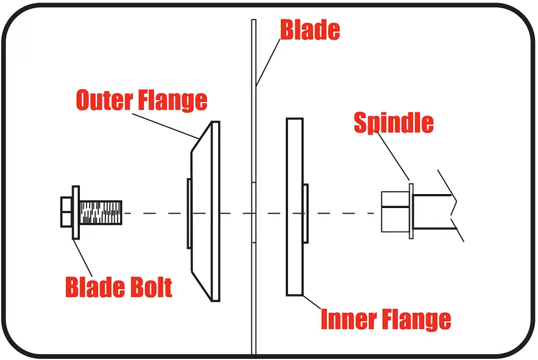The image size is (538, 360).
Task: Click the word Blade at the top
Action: (x=309, y=30)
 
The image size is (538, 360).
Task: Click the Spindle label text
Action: (x=393, y=123)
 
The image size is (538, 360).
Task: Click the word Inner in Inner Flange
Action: (x=349, y=319)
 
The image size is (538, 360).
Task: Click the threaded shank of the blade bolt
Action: (x=101, y=213)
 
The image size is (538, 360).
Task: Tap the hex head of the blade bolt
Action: (x=66, y=213)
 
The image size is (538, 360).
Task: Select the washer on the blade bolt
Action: (x=76, y=213)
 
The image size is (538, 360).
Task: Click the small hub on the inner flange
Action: (x=305, y=213)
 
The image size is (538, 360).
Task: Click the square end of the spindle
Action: (x=395, y=213)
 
